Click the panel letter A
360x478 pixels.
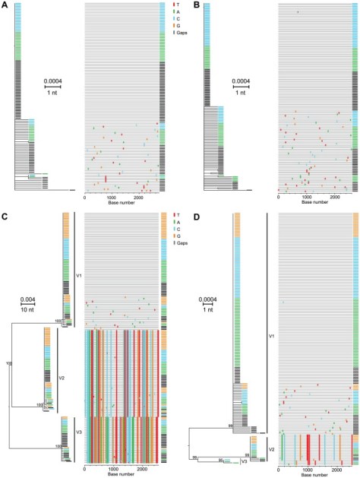point(5,5)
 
